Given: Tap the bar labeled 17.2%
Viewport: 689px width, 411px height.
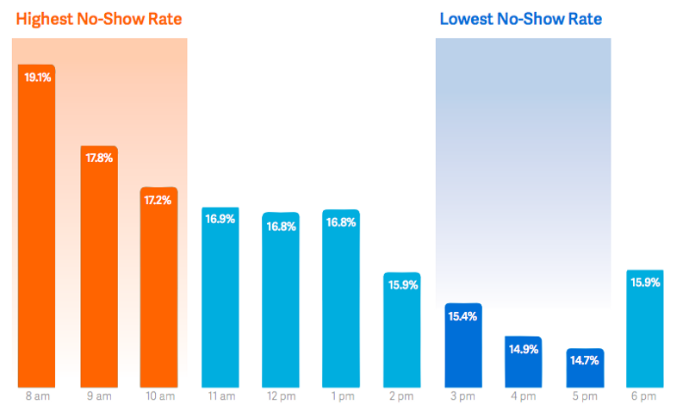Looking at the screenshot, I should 158,289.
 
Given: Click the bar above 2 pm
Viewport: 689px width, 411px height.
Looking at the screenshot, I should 401,332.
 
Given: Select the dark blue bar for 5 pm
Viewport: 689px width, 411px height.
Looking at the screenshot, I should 585,369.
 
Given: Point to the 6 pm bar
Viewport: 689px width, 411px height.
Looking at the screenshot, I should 645,332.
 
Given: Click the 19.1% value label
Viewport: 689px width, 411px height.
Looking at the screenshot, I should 36,77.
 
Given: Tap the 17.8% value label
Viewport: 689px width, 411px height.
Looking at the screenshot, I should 98,158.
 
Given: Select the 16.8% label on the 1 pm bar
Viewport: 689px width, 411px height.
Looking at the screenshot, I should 341,221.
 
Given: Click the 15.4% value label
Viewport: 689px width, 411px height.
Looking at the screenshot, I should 462,316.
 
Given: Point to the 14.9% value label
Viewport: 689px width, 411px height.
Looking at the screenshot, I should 523,349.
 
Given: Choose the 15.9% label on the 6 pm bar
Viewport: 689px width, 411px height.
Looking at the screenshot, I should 645,283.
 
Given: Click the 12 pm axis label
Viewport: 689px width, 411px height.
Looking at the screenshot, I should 281,396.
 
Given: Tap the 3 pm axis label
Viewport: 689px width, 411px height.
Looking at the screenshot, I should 462,396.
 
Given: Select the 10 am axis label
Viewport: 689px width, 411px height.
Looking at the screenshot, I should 158,396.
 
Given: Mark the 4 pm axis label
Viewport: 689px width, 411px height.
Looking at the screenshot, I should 523,396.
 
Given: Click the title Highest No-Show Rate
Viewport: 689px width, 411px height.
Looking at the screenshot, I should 99,18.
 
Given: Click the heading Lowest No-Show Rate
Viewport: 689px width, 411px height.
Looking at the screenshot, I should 520,18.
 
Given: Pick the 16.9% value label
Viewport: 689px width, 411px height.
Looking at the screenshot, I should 220,219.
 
